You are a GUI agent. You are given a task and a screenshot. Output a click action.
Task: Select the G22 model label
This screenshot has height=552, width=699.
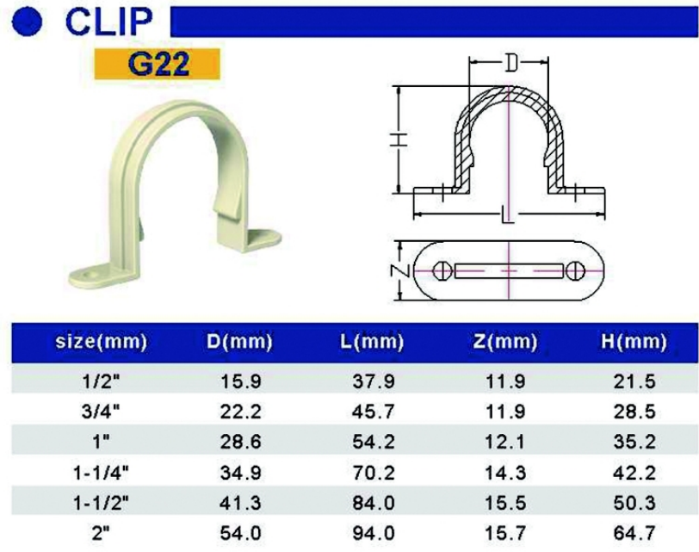pos(158,65)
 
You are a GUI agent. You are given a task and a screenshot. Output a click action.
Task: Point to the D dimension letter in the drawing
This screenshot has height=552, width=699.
pos(511,63)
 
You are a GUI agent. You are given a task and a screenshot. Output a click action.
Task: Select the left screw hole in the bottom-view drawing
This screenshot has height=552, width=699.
pos(443,270)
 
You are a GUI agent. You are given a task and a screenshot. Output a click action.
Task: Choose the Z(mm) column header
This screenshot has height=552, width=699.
pos(505,342)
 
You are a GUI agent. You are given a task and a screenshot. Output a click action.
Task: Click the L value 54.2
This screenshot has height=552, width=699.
pos(368,441)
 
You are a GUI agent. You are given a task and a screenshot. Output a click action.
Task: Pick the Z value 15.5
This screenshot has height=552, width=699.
pos(505,503)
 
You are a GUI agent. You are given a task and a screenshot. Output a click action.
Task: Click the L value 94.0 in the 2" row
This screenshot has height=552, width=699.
pos(368,534)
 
